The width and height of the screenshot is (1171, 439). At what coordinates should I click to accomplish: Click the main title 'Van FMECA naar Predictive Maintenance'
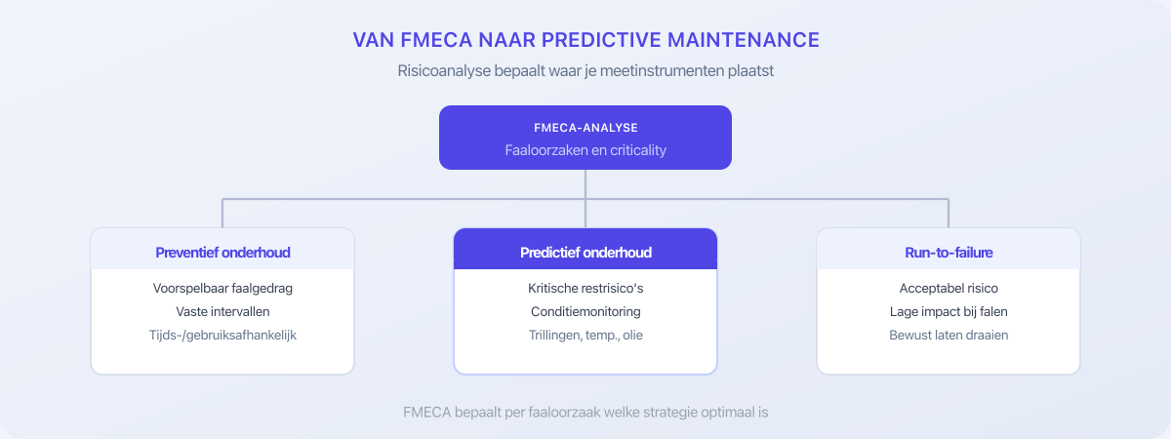(x=585, y=40)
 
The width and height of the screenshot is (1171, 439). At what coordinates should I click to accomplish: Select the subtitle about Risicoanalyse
(x=585, y=71)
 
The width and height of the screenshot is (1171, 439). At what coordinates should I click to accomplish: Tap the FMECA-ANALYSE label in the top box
(x=585, y=128)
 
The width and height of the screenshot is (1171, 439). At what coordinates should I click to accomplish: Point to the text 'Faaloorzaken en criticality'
(x=585, y=150)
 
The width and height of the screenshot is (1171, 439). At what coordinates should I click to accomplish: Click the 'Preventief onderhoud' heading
(x=222, y=253)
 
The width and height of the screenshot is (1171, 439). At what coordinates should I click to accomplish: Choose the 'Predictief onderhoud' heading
(x=585, y=253)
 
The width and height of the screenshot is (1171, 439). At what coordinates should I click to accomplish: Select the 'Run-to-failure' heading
(x=949, y=253)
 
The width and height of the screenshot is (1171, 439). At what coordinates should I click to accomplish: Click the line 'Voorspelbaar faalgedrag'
(x=222, y=289)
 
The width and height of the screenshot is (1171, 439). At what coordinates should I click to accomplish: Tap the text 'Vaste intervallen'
(x=222, y=312)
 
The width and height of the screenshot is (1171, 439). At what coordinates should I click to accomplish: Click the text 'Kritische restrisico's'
(x=585, y=289)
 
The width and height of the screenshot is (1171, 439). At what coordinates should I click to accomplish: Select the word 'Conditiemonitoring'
(x=585, y=312)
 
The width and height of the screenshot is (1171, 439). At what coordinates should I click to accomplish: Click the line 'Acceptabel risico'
(x=949, y=289)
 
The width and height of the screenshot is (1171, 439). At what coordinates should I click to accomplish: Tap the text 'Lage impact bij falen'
(x=949, y=312)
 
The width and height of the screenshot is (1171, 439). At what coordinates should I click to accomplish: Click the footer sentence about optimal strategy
(x=585, y=412)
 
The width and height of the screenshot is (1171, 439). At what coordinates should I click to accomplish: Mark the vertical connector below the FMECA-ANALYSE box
(x=585, y=184)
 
